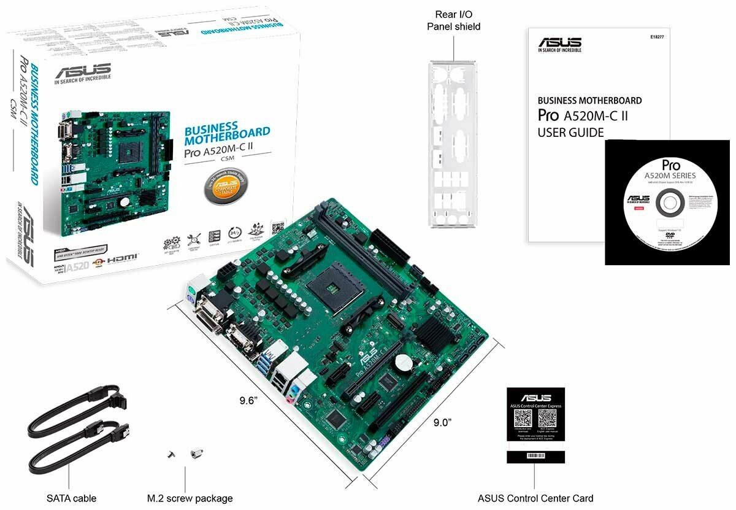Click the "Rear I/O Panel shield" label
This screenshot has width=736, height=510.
(x=453, y=20)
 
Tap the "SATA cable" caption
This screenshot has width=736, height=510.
(x=72, y=498)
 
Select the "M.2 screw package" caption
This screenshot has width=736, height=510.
(x=190, y=498)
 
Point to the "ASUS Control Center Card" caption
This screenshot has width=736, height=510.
(x=535, y=498)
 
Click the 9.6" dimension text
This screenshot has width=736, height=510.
(x=248, y=401)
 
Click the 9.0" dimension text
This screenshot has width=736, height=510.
(x=442, y=422)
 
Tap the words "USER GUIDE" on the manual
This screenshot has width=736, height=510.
(x=570, y=133)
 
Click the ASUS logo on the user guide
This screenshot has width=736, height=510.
(x=559, y=43)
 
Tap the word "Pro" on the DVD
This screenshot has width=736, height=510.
(x=671, y=165)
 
